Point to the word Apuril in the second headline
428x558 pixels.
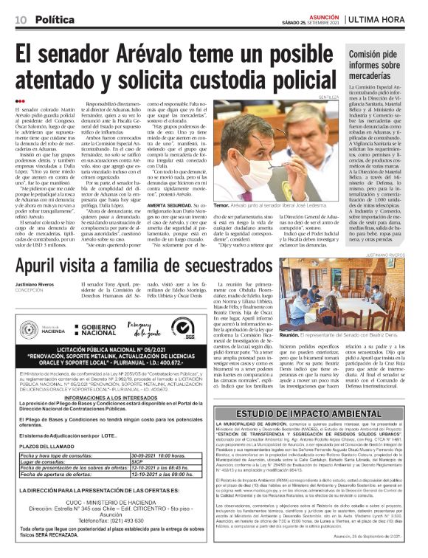click(50, 262)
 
